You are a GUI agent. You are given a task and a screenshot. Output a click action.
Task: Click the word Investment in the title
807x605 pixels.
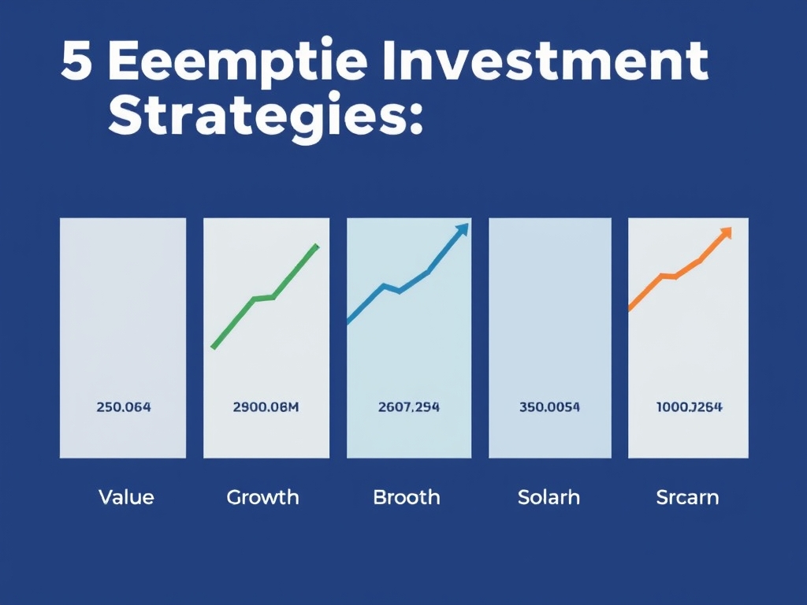pos(544,62)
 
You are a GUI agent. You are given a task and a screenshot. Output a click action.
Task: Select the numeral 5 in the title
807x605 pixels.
pos(76,62)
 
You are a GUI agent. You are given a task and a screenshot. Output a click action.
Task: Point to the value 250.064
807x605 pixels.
pos(123,407)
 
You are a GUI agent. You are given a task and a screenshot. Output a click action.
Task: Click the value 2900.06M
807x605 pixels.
pos(266,407)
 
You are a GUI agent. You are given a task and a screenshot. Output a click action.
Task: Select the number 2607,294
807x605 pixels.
pos(408,407)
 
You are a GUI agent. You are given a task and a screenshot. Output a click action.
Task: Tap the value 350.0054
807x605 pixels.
pos(549,407)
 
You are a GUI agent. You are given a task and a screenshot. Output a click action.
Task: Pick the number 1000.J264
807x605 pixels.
pos(689,407)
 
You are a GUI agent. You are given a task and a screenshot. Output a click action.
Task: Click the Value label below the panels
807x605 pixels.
pos(126,497)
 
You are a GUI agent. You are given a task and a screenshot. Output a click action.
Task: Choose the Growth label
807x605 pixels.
pos(262,497)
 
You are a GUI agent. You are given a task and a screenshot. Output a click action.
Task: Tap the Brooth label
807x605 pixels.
pos(406,497)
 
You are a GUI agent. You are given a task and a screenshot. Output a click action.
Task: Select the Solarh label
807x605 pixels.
pos(549,497)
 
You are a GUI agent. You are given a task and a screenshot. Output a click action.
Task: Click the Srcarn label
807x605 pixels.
pos(687,497)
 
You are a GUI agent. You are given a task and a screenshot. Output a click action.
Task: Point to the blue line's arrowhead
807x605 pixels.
pos(463,228)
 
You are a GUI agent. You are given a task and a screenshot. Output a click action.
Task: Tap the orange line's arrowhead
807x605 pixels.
pos(726,232)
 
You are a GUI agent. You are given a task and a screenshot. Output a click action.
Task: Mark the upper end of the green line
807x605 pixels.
pos(317,246)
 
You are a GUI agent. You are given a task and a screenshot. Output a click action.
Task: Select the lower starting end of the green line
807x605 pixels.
pos(213,347)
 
